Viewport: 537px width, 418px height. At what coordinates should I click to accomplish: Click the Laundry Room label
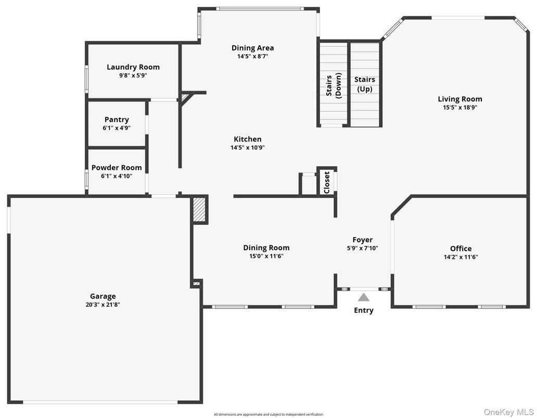coord(133,67)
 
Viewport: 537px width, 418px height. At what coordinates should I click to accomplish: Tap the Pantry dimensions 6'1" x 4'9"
coord(117,128)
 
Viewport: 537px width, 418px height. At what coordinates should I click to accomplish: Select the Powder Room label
coord(117,167)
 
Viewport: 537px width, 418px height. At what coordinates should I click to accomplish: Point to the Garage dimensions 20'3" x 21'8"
coord(103,305)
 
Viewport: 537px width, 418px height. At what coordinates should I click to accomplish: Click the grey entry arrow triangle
coord(364,297)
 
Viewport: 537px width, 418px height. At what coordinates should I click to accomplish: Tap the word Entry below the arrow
coord(364,310)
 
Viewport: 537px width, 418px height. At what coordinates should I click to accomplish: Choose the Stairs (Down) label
coord(334,85)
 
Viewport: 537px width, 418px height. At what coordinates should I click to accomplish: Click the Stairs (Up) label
coord(364,84)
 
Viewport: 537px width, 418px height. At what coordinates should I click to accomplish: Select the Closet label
coord(326,182)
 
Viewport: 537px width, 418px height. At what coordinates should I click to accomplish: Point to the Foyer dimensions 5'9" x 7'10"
coord(362,249)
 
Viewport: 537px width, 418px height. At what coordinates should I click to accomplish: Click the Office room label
coord(461,249)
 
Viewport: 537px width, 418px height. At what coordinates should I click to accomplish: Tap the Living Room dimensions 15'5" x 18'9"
coord(460,108)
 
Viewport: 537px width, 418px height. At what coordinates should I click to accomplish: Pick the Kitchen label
coord(248,139)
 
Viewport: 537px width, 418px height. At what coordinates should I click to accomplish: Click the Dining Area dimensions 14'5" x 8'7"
coord(253,57)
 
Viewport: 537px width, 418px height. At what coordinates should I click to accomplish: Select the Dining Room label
coord(266,247)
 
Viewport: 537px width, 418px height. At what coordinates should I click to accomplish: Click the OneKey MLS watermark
coord(508,412)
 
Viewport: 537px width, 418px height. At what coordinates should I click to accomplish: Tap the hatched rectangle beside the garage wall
coord(199,210)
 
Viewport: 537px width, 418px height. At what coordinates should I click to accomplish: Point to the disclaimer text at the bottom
coord(268,414)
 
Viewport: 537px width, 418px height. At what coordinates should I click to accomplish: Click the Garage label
coord(103,296)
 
